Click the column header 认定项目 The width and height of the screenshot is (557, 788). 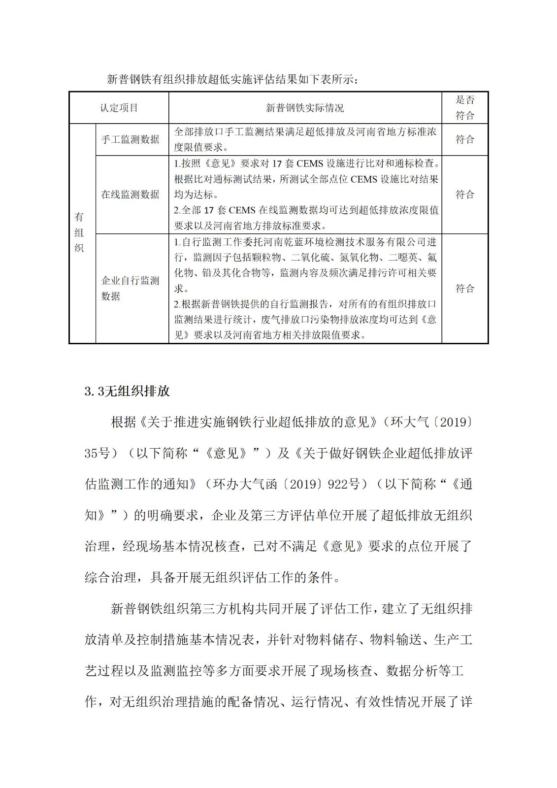click(119, 108)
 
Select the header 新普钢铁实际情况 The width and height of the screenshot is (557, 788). click(305, 108)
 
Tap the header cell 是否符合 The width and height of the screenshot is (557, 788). click(464, 107)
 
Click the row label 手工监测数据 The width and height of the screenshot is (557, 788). click(130, 139)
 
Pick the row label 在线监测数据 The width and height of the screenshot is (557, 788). click(130, 195)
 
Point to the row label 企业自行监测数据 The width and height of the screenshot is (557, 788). click(130, 288)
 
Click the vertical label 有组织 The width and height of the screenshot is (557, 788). click(79, 232)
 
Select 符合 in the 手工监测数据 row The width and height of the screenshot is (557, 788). click(464, 139)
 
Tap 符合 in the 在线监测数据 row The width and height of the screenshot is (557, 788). click(464, 195)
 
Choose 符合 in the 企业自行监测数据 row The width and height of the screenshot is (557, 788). click(464, 288)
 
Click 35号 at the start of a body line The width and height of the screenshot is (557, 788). click(98, 453)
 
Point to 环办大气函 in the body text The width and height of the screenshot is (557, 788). click(245, 485)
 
